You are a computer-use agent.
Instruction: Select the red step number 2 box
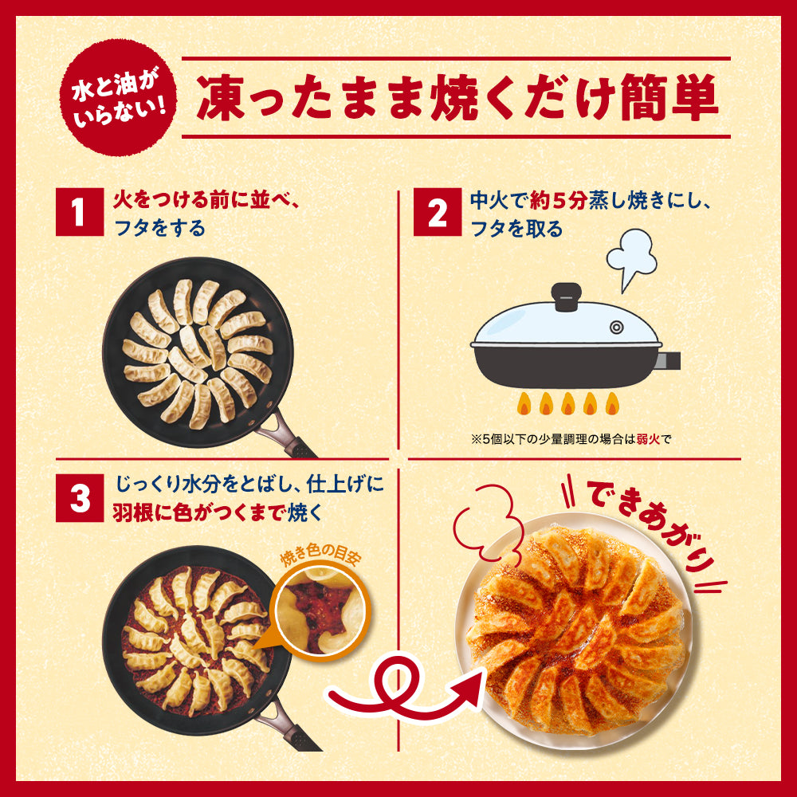[437, 213]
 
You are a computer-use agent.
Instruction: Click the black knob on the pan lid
[567, 295]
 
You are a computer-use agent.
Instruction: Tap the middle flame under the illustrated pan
[567, 402]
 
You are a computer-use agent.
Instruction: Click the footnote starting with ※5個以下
[572, 438]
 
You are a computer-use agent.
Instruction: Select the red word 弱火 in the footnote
[646, 438]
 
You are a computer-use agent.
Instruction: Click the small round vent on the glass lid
[617, 327]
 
